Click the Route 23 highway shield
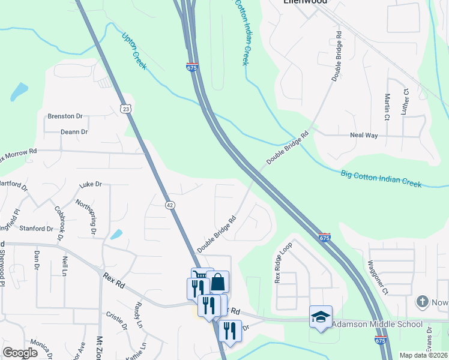pyautogui.click(x=125, y=108)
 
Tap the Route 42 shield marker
pyautogui.click(x=170, y=205)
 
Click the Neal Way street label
pyautogui.click(x=364, y=136)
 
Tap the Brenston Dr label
pyautogui.click(x=65, y=116)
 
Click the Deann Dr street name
pyautogui.click(x=74, y=132)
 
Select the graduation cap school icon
pyautogui.click(x=321, y=316)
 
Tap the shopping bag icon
pyautogui.click(x=219, y=281)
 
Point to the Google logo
pyautogui.click(x=20, y=353)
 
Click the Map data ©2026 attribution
pyautogui.click(x=424, y=355)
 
